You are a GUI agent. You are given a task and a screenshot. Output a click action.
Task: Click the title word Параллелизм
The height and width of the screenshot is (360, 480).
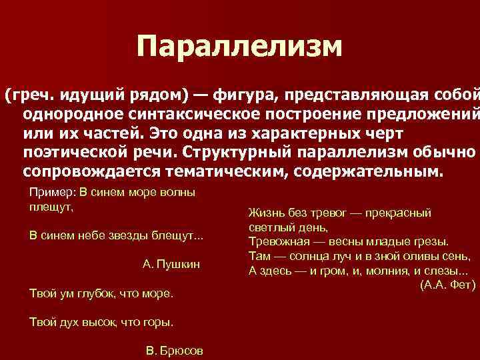tap(239, 46)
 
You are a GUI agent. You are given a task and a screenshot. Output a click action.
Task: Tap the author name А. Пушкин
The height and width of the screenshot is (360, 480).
tap(171, 264)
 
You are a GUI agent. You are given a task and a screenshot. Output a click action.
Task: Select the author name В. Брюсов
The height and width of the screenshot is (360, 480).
tap(174, 351)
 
